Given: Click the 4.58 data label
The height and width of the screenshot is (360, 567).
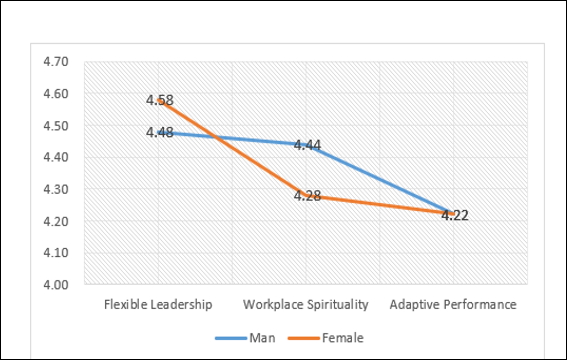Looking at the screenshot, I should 160,100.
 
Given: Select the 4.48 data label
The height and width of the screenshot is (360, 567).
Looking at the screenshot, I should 160,132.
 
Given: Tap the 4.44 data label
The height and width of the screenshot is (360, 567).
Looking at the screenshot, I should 307,145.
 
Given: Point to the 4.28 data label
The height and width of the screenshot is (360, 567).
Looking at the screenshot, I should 307,196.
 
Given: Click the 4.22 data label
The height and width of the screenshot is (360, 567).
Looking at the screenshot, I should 455,215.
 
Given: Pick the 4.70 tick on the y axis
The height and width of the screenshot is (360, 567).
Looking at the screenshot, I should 56,62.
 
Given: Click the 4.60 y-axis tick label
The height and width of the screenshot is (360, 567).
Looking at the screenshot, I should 56,94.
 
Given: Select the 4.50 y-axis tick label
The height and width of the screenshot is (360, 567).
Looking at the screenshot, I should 56,125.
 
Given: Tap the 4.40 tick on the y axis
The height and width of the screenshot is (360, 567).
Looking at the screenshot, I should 56,157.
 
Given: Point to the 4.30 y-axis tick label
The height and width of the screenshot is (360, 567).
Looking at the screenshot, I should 56,189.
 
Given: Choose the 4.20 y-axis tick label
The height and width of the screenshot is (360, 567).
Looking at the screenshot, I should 56,221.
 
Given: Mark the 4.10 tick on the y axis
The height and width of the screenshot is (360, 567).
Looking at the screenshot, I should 56,252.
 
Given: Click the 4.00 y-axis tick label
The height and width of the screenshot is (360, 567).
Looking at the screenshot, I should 56,285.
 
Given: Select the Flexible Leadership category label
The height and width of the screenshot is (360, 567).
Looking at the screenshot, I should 158,305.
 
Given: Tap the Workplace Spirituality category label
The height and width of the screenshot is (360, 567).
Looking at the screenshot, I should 306,305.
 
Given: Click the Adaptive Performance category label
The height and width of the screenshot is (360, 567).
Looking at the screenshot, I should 453,305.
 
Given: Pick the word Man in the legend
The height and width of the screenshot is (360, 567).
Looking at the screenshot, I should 262,338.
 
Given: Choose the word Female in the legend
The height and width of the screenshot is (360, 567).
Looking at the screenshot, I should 343,338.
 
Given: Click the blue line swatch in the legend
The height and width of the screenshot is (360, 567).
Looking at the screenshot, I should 231,338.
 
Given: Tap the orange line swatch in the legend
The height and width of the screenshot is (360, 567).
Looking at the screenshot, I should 304,338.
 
